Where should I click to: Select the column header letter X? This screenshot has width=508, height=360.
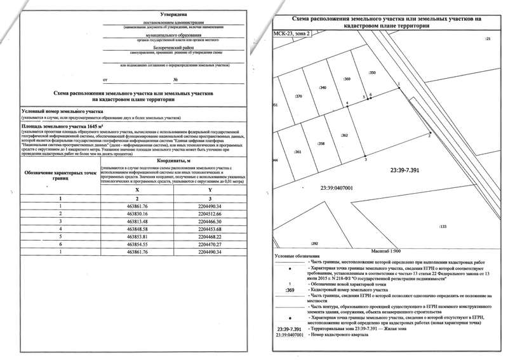coord(137,190)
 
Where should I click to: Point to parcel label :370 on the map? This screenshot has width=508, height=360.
coord(298,96)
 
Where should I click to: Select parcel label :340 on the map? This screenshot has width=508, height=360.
coord(323,87)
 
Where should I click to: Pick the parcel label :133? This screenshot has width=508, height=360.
coord(443,227)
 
